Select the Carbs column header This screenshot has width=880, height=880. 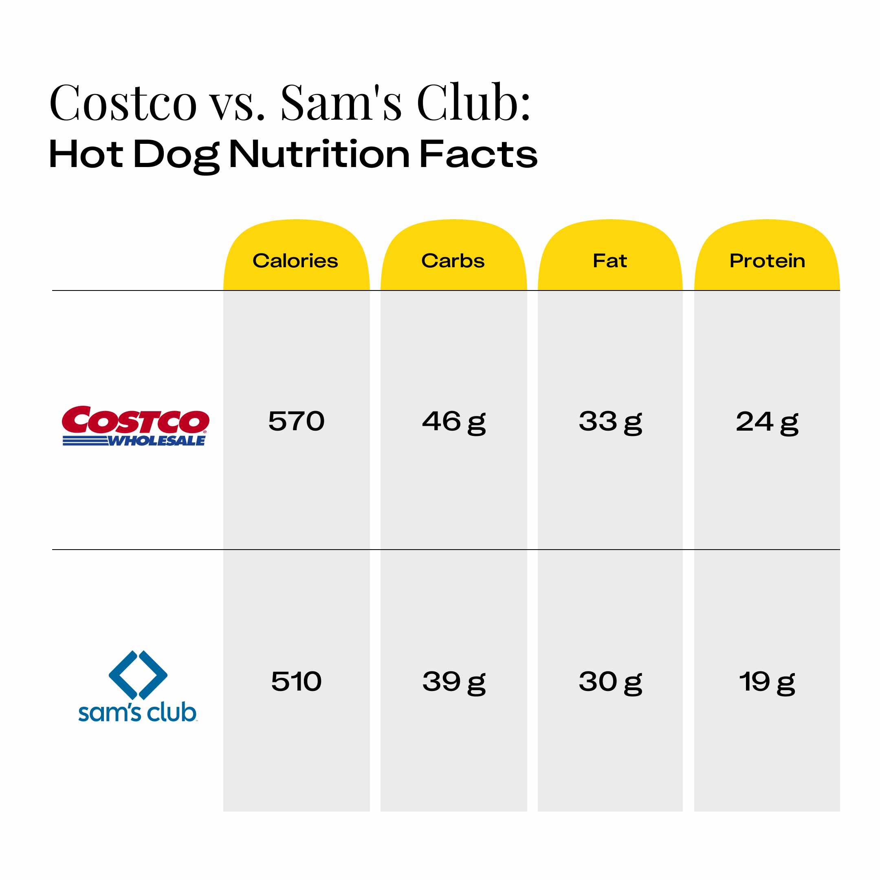click(x=453, y=261)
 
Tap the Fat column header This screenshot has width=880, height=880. click(x=609, y=261)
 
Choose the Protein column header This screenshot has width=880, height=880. click(x=767, y=261)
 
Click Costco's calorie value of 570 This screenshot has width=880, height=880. click(x=296, y=421)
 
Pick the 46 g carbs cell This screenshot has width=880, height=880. click(x=454, y=422)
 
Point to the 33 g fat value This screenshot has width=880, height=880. click(x=610, y=422)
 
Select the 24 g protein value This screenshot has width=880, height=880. click(x=767, y=422)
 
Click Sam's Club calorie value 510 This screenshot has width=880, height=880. click(x=296, y=682)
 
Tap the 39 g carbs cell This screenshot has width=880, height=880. click(x=454, y=682)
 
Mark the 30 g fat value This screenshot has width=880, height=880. click(x=610, y=682)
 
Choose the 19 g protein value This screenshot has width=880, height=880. click(x=767, y=682)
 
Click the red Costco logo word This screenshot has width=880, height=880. click(x=135, y=420)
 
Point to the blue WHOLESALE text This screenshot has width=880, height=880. click(x=156, y=441)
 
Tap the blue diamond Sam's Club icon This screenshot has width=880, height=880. click(x=138, y=675)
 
